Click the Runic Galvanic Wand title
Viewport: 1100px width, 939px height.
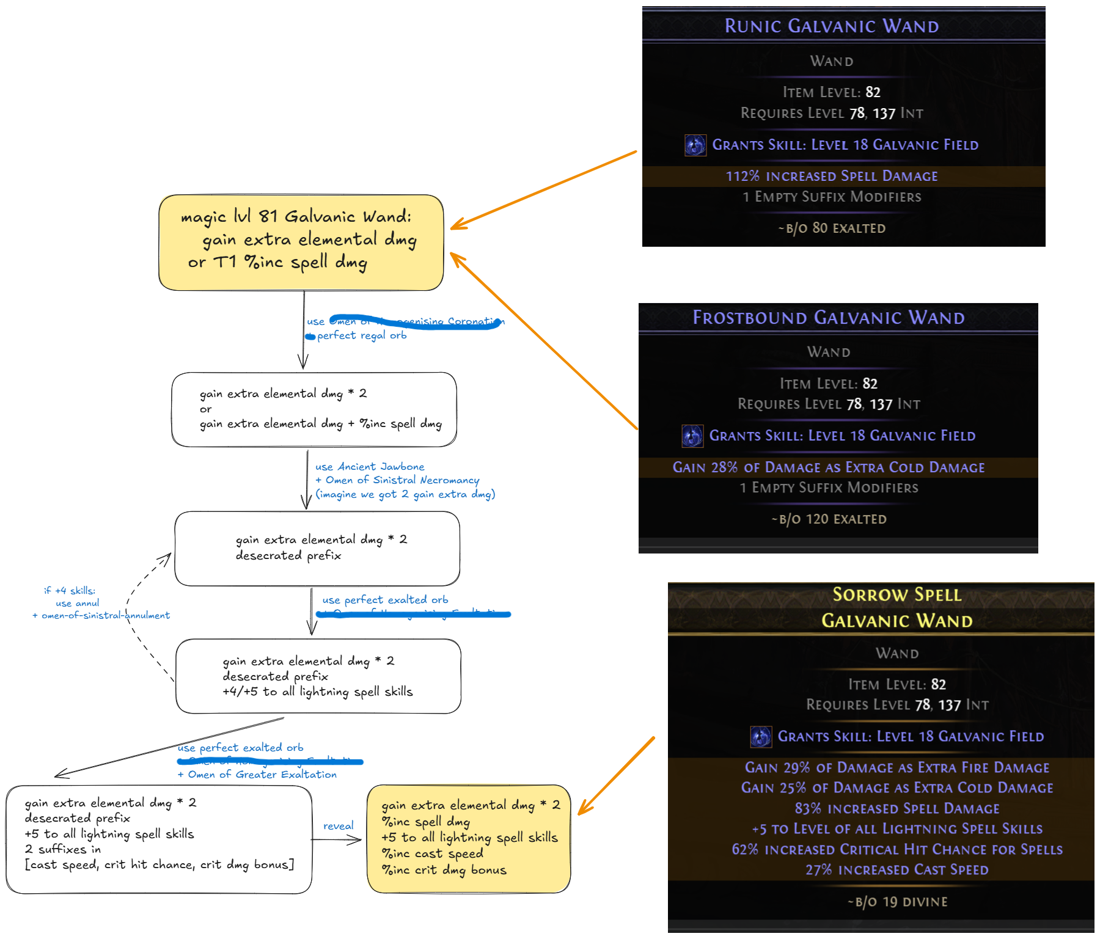click(831, 26)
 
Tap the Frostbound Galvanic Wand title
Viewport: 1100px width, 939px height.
click(828, 318)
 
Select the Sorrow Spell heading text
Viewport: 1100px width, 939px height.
click(897, 595)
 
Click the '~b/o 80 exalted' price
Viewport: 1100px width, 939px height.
click(831, 228)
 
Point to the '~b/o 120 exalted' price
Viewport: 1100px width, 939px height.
click(828, 519)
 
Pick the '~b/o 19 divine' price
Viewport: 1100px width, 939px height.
click(897, 902)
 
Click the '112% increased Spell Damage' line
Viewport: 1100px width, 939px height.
click(831, 177)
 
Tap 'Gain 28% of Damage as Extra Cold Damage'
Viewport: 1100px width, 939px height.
click(828, 468)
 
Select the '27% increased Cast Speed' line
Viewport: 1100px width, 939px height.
click(897, 870)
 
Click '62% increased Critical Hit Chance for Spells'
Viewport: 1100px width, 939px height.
click(897, 850)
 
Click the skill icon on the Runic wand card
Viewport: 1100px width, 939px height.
click(695, 145)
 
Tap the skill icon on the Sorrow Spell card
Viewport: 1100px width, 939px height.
click(761, 737)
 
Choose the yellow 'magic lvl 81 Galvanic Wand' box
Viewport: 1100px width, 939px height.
click(301, 242)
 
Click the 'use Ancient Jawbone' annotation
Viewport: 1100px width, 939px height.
click(370, 467)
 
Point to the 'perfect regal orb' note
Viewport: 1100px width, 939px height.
click(361, 335)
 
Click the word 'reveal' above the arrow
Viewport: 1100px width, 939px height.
click(338, 826)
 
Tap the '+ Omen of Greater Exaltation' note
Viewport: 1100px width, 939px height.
click(257, 775)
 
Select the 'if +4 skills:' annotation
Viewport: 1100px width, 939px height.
click(70, 591)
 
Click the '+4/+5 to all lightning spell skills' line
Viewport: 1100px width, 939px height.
click(318, 692)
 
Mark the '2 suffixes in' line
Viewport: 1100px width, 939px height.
click(63, 849)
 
